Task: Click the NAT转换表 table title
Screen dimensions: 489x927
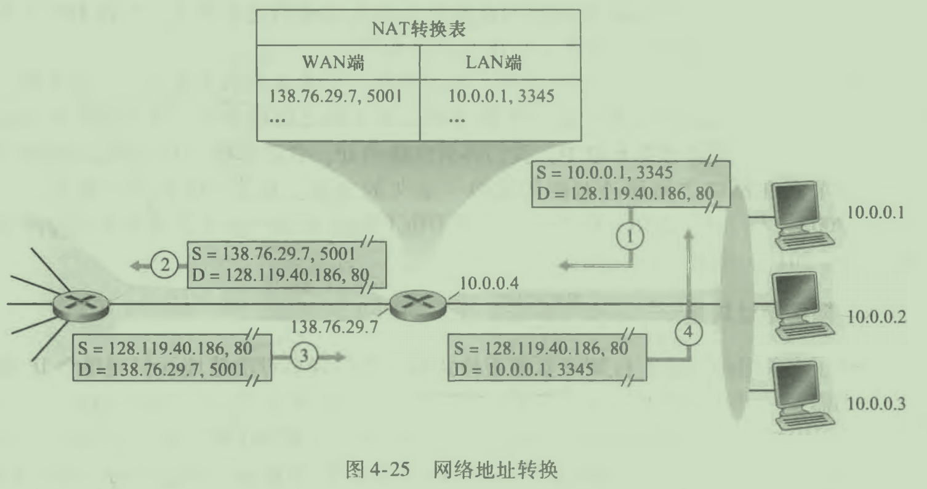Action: (x=419, y=28)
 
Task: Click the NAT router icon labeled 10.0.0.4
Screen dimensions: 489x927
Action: (x=419, y=304)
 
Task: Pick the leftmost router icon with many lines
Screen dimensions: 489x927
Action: (x=80, y=304)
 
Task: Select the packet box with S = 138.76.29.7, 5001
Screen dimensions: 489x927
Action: (x=286, y=264)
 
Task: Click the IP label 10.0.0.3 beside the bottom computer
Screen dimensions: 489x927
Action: (x=876, y=405)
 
